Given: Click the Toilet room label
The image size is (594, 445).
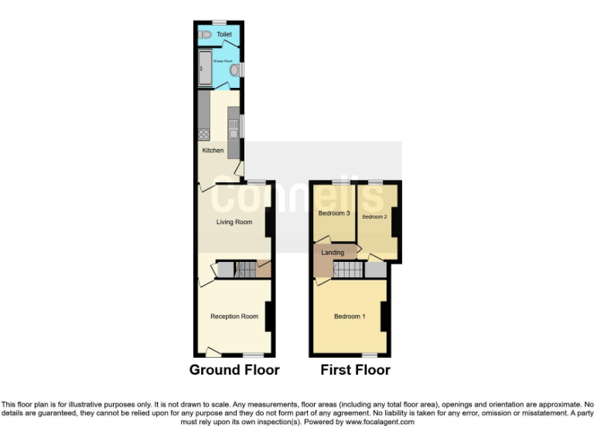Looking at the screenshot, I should tap(224, 35).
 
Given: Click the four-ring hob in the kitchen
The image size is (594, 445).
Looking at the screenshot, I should tap(204, 134).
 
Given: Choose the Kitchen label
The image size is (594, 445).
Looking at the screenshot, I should tap(213, 151).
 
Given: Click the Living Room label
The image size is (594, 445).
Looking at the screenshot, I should tap(234, 222).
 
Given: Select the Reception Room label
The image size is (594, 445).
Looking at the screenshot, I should tap(234, 316).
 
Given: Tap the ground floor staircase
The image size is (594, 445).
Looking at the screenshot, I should tap(245, 270).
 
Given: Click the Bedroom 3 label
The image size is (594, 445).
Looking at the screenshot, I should tap(334, 213).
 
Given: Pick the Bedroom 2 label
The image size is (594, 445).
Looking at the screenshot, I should tap(374, 217).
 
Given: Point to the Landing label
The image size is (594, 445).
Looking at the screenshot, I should tap(333, 253).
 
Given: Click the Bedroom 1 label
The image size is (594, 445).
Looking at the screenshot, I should tap(350, 316).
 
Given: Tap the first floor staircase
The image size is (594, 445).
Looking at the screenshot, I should tap(347, 270).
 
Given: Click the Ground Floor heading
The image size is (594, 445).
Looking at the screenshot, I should tap(234, 370).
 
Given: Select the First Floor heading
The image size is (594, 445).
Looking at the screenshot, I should tap(355, 370).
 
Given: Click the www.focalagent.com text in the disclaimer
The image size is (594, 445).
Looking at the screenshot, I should tap(380, 423).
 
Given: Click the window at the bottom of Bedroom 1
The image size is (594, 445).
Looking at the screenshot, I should tap(369, 355).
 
